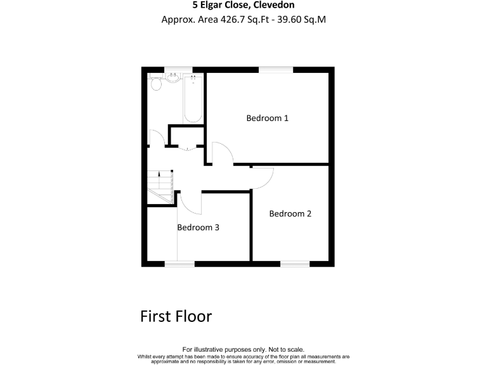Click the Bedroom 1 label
click(268, 118)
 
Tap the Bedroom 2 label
click(290, 214)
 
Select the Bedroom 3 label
click(198, 227)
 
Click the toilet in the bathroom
click(156, 83)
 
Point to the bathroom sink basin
click(172, 78)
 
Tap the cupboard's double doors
click(186, 149)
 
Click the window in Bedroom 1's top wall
click(276, 69)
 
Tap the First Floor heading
click(176, 316)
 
